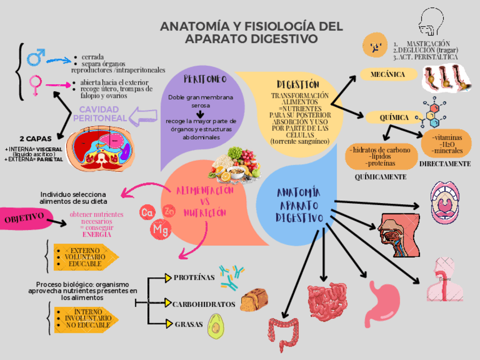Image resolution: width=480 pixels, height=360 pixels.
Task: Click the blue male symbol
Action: pos(36,57)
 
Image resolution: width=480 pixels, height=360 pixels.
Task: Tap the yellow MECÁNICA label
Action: pos(387,75)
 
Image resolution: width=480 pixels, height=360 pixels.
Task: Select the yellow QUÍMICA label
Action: pos(394,118)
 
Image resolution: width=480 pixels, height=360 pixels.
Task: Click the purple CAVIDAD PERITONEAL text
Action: pos(99,113)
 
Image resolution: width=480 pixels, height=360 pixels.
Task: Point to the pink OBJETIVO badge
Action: pos(25,218)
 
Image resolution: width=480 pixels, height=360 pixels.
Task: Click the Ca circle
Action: pos(147,213)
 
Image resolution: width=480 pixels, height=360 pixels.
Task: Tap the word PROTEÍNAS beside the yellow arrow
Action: pos(194,277)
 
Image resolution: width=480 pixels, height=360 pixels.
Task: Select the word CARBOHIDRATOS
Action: pos(203,304)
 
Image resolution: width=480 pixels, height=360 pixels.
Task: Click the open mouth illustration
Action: pos(447,202)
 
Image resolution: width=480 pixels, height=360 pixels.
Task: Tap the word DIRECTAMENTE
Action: pos(444,164)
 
